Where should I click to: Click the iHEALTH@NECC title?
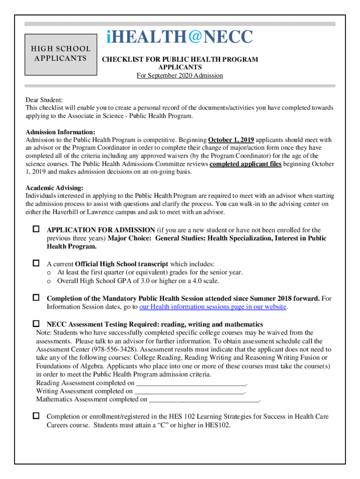[x=180, y=37]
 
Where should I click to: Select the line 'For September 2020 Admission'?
[x=180, y=75]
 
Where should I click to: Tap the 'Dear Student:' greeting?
[x=44, y=100]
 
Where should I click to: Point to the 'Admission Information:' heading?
[x=60, y=132]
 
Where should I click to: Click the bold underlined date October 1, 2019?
[x=231, y=140]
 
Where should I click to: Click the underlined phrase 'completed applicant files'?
[x=245, y=164]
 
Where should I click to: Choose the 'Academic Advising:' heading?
[x=55, y=188]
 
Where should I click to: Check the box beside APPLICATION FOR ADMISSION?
[x=36, y=229]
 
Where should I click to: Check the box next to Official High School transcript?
[x=36, y=263]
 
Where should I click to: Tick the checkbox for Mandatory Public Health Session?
[x=36, y=298]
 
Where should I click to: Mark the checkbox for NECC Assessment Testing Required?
[x=36, y=324]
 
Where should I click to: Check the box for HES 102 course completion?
[x=36, y=415]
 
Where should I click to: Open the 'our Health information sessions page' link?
[x=213, y=307]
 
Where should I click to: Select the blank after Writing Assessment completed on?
[x=189, y=391]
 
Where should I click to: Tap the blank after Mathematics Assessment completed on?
[x=204, y=399]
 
